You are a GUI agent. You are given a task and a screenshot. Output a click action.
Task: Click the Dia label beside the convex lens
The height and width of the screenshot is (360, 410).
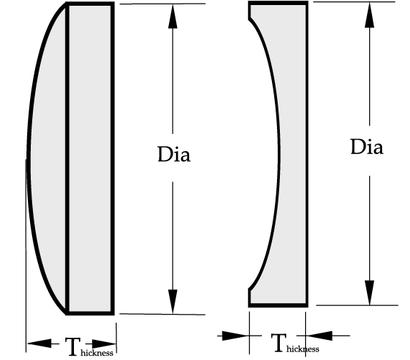174,155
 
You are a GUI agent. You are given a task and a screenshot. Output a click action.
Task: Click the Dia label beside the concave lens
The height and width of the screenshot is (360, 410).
366,147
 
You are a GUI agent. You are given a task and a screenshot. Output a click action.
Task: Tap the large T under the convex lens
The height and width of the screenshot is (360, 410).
73,347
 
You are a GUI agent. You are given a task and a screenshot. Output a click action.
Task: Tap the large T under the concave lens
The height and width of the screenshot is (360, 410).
279,343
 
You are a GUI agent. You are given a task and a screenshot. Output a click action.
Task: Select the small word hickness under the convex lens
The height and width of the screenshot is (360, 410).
97,353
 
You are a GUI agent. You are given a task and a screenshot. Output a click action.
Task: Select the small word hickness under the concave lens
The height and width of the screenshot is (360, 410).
303,349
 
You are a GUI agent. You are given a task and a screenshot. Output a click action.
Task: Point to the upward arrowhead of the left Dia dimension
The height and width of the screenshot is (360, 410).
173,17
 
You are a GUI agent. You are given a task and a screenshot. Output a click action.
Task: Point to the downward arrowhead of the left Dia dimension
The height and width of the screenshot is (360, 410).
172,301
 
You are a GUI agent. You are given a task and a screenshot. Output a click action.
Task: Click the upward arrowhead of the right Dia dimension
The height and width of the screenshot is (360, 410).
369,15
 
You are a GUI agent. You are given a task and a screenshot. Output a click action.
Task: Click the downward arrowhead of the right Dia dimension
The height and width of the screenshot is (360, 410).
369,292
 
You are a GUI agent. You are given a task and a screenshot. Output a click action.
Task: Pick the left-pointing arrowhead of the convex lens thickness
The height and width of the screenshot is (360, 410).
39,343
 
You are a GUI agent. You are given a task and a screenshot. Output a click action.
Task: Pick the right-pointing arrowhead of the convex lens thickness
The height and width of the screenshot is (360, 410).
103,344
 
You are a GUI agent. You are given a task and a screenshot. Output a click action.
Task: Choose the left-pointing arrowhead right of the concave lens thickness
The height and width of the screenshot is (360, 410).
319,336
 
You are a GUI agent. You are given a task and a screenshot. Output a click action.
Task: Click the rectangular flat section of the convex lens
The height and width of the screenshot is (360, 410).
90,158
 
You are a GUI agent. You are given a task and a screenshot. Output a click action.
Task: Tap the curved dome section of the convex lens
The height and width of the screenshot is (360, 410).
47,158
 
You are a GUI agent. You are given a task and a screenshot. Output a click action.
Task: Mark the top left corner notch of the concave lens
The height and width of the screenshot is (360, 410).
249,19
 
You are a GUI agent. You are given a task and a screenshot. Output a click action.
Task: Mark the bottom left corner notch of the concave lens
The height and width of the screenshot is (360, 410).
249,289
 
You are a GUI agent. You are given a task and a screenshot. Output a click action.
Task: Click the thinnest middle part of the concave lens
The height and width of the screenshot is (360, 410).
293,153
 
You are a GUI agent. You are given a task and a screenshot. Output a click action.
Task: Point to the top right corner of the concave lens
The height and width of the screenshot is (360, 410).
307,2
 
